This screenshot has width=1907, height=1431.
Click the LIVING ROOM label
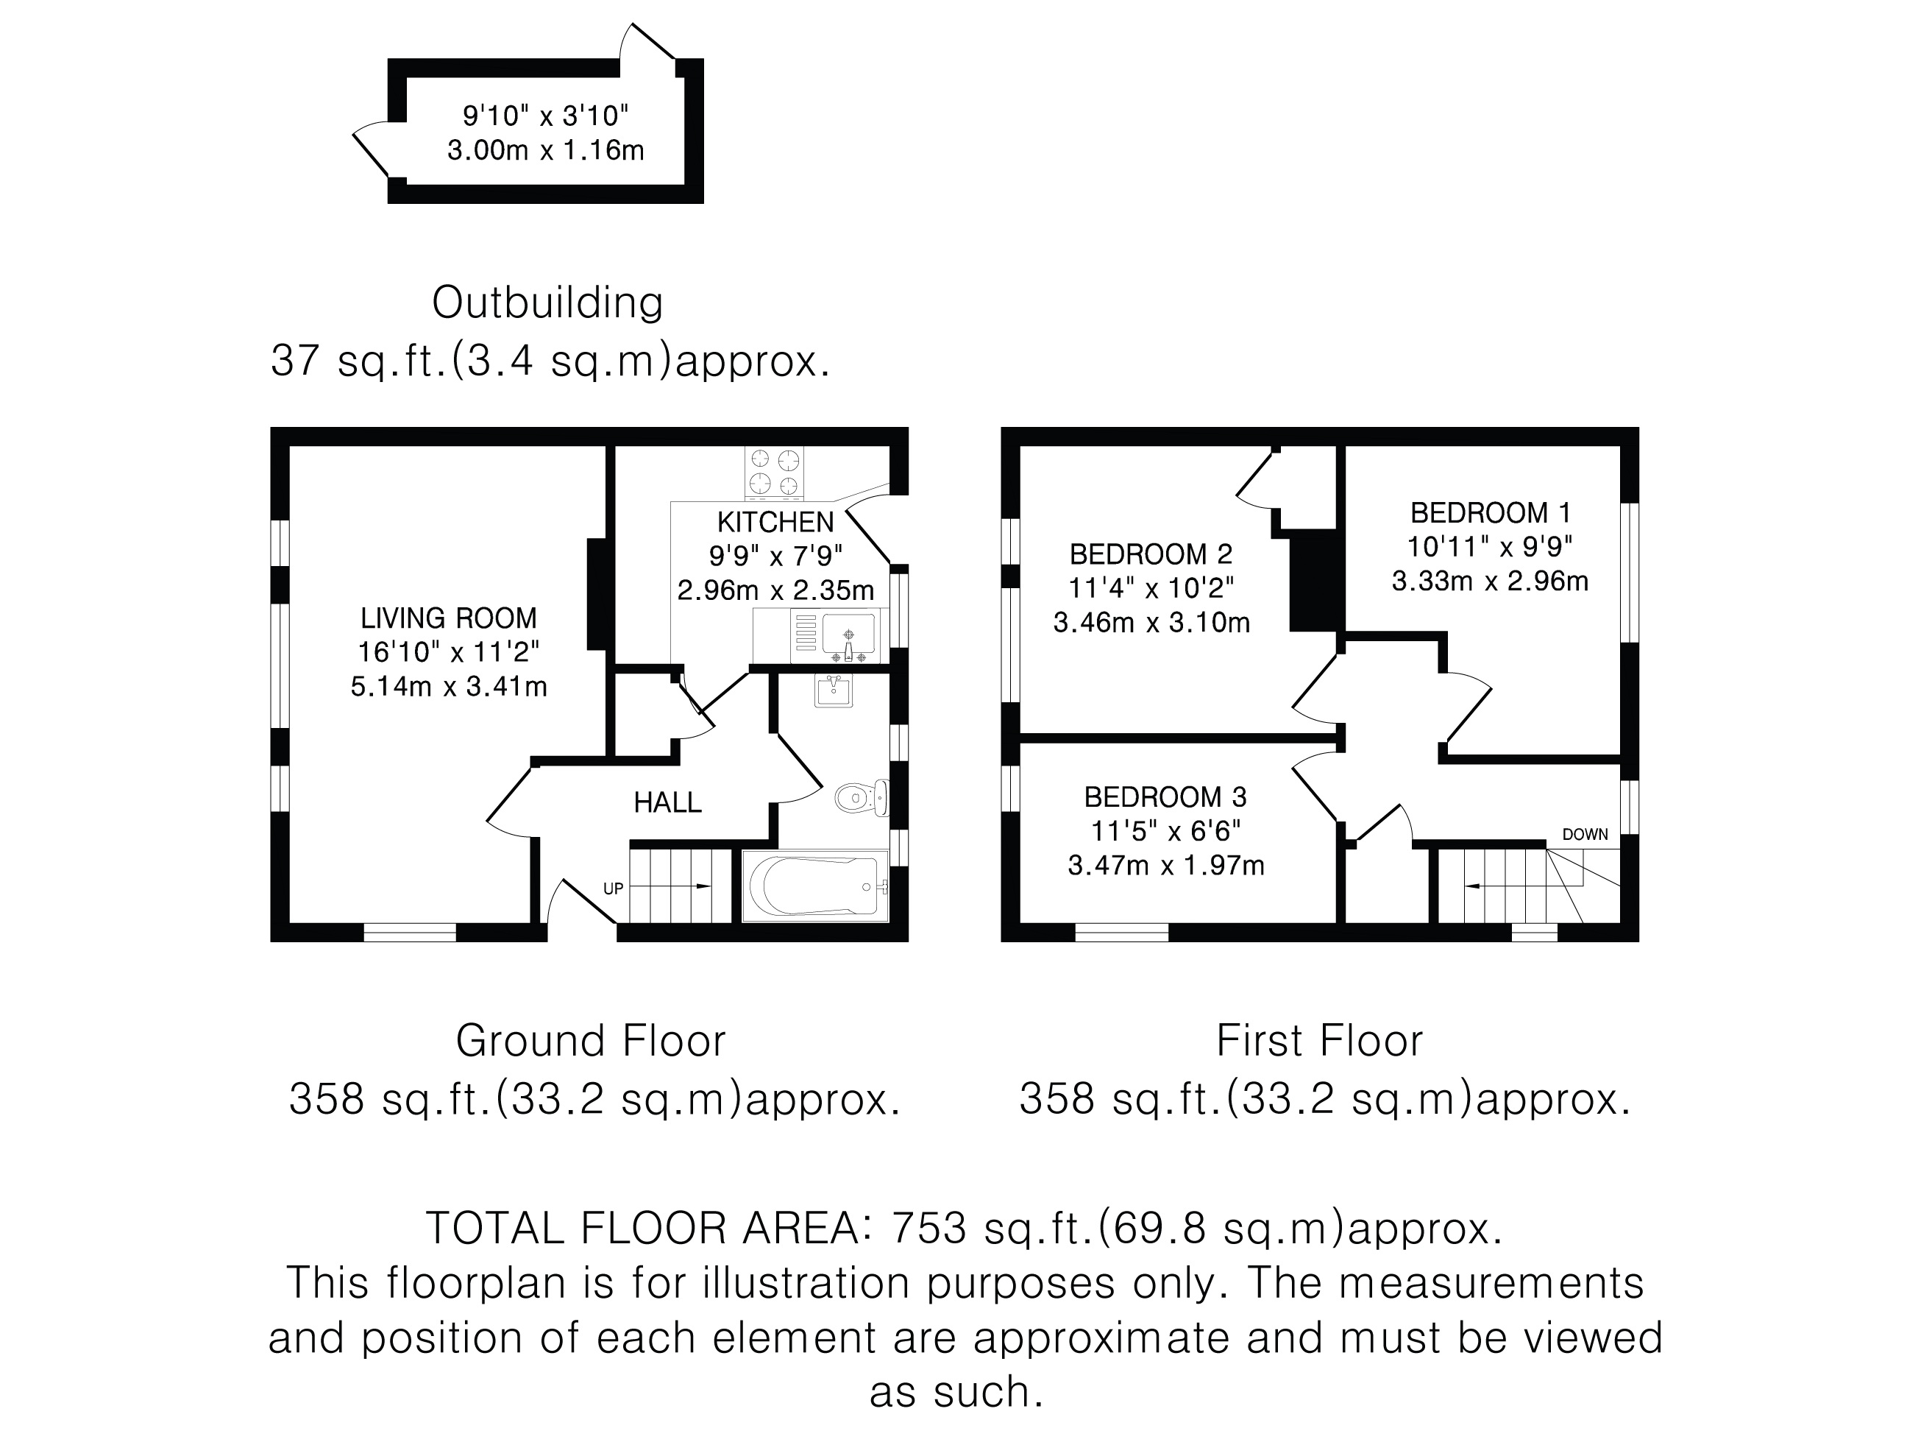tap(448, 618)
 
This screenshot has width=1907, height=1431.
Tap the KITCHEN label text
tap(775, 522)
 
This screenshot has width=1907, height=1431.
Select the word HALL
tap(667, 803)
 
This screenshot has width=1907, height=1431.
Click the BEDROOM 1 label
tap(1490, 513)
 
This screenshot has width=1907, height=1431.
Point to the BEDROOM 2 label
tap(1151, 554)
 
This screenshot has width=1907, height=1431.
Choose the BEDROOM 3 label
tap(1165, 797)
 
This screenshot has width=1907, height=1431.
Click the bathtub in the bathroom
tap(814, 886)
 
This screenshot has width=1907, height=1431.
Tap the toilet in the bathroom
tap(859, 796)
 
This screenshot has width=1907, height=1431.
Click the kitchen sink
tap(848, 635)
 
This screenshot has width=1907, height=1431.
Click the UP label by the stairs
tap(613, 888)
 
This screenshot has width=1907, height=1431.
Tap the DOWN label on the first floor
tap(1585, 834)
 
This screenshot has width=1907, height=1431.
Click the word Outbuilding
tap(547, 303)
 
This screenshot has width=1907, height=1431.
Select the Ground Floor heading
tap(591, 1040)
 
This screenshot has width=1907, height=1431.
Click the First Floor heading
tap(1319, 1040)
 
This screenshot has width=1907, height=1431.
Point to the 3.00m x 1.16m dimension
tap(545, 150)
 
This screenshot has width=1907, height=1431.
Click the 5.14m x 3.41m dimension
tap(448, 687)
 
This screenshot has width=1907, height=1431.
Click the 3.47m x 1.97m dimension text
tap(1165, 865)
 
